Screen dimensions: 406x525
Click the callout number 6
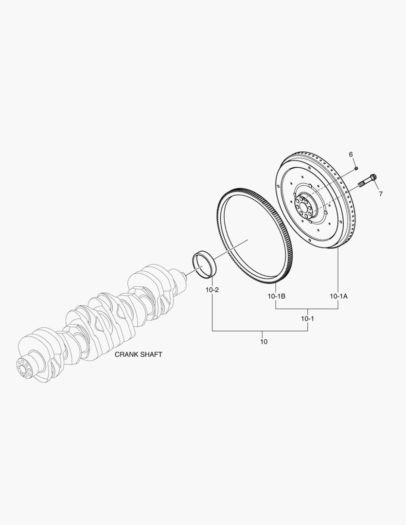(x=351, y=155)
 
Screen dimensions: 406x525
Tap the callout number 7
(x=381, y=194)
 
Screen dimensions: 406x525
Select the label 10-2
(x=212, y=290)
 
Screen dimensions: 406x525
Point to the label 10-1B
(x=276, y=296)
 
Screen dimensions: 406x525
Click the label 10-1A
(x=338, y=296)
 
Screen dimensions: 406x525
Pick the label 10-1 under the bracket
(x=307, y=318)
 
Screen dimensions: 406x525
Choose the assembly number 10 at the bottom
(x=264, y=342)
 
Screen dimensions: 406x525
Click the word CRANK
(x=126, y=354)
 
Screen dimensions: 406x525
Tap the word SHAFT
(x=151, y=354)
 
